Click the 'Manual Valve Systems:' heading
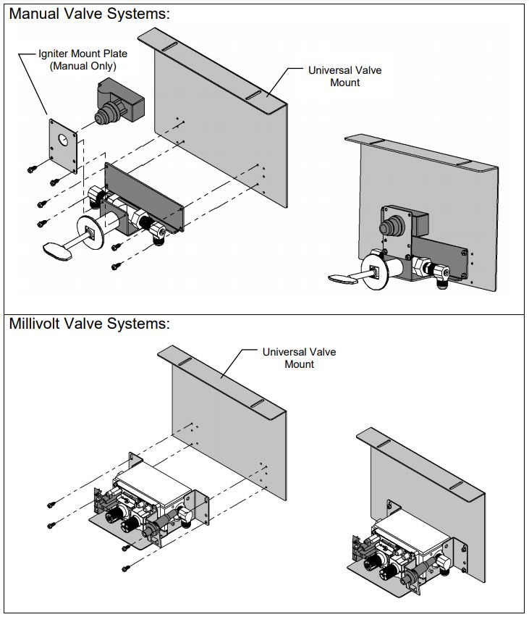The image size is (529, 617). pyautogui.click(x=90, y=14)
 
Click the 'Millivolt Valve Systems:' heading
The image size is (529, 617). pyautogui.click(x=90, y=324)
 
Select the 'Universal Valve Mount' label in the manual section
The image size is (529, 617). pyautogui.click(x=344, y=76)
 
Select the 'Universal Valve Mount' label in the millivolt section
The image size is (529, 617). pyautogui.click(x=299, y=358)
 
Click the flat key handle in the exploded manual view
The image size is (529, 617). pyautogui.click(x=56, y=249)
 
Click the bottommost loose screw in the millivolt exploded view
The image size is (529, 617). pyautogui.click(x=126, y=566)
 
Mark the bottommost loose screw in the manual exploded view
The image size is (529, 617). pyautogui.click(x=115, y=267)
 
